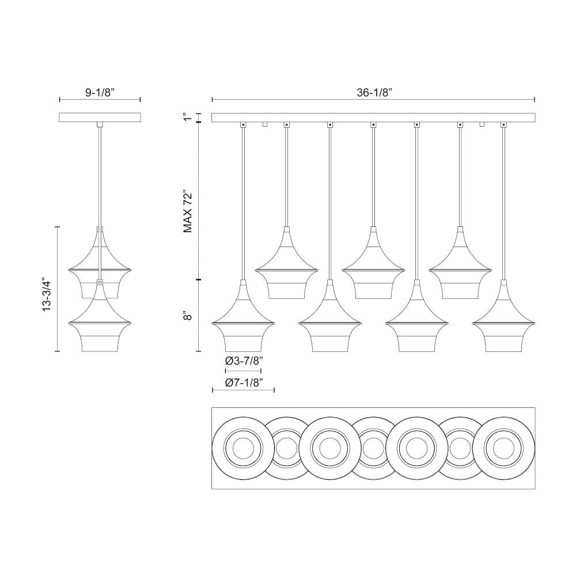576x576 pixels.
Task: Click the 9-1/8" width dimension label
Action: (x=100, y=92)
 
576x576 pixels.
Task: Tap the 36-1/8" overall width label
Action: (x=373, y=92)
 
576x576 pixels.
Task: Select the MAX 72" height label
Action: (x=188, y=211)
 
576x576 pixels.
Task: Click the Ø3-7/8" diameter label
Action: (x=244, y=361)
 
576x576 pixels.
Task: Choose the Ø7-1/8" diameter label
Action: (x=244, y=382)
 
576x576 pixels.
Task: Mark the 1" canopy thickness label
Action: (x=185, y=118)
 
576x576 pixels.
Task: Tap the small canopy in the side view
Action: (x=100, y=118)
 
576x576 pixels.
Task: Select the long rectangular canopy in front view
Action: (x=373, y=118)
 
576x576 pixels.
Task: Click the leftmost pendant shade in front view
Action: (x=244, y=323)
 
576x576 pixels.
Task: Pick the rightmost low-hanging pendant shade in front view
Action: (x=503, y=323)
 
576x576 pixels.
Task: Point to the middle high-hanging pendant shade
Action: (x=373, y=268)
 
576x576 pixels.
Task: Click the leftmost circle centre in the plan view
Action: (x=243, y=448)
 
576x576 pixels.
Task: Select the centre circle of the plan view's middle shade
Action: (x=373, y=448)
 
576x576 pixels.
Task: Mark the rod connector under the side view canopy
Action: (x=100, y=124)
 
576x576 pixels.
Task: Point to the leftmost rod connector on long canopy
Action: (x=243, y=124)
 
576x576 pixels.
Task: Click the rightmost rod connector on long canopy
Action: (x=503, y=124)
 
